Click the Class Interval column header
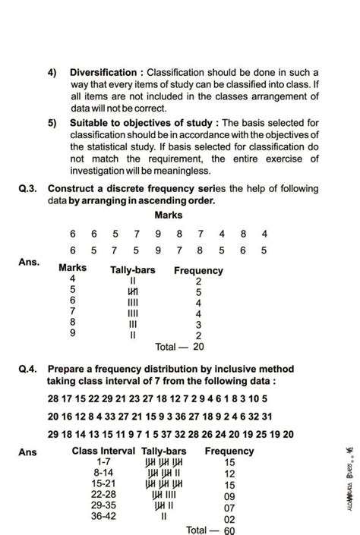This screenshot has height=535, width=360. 104,451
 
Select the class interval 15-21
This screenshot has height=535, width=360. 104,484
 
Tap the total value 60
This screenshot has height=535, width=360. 229,530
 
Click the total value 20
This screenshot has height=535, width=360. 198,347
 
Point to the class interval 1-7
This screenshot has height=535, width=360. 104,461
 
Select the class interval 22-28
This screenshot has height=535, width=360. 104,496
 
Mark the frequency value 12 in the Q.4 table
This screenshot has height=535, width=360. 229,473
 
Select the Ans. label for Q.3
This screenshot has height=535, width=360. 28,262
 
